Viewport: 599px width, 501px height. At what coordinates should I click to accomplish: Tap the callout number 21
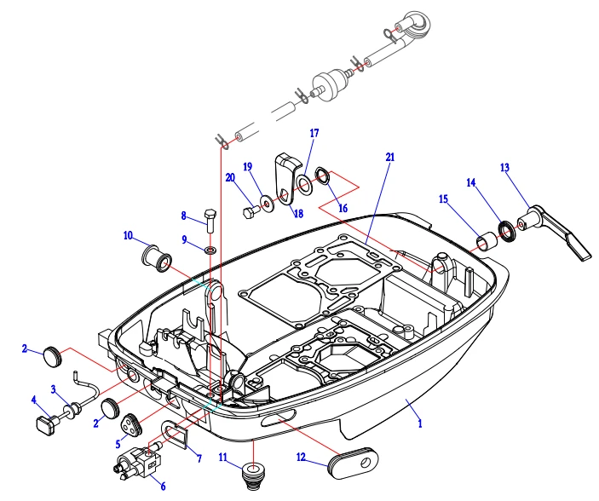click(x=389, y=158)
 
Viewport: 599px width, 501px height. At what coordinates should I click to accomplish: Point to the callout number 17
click(x=314, y=133)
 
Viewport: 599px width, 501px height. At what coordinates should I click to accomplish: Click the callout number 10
click(x=128, y=234)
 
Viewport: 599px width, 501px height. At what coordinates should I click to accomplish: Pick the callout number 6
click(x=163, y=487)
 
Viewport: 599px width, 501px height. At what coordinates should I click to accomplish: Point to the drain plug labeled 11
click(x=251, y=472)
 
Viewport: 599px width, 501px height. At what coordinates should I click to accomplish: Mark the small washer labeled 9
click(x=210, y=250)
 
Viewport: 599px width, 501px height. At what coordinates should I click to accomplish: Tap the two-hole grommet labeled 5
click(x=131, y=423)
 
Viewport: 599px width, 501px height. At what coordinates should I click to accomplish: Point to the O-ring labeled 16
click(x=324, y=176)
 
